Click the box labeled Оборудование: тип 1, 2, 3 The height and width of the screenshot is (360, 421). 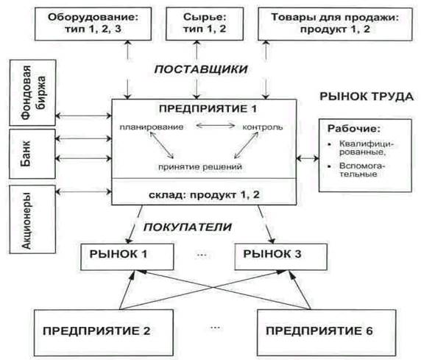pos(93,24)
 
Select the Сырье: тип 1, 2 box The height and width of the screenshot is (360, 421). pos(205,24)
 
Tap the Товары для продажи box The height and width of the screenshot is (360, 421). pos(335,24)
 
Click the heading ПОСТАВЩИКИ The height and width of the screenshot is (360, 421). pos(201,69)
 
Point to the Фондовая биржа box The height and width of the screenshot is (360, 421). pos(33,93)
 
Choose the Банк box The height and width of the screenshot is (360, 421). pos(32,154)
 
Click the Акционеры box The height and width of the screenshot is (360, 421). pos(32,219)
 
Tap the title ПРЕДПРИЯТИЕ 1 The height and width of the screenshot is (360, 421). pos(208,109)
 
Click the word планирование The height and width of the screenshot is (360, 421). pos(152,127)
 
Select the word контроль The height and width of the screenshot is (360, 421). pos(263,127)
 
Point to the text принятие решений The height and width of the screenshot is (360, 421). pos(200,167)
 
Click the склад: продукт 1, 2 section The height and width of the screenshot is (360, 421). pos(204,192)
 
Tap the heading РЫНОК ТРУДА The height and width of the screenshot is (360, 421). pos(367,96)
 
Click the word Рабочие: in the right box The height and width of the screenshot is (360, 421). pos(354,128)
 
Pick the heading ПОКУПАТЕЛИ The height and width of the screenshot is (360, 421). pos(188,227)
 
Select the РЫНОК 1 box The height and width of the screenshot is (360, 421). pos(127,257)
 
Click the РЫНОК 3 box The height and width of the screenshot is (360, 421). pos(281,257)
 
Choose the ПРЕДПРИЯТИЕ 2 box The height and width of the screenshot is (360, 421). pos(104,333)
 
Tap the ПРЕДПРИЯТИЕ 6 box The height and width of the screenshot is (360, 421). pos(327,333)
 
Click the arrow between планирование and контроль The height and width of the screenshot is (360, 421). pos(216,125)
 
